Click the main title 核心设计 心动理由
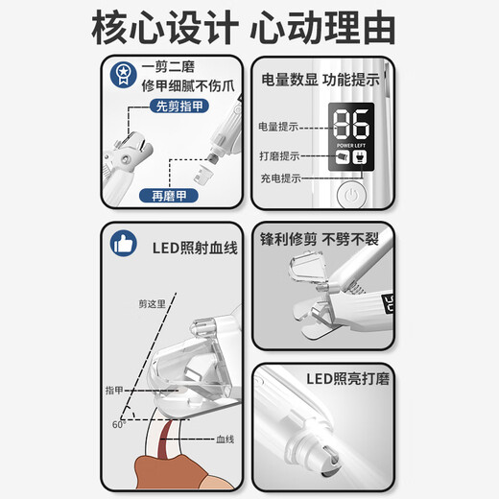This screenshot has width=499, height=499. pyautogui.click(x=249, y=29)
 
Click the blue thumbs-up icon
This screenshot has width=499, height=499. pyautogui.click(x=122, y=244)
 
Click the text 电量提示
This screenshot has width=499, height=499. pyautogui.click(x=277, y=127)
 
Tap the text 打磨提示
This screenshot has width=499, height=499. pyautogui.click(x=277, y=155)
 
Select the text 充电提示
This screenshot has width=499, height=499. pyautogui.click(x=277, y=178)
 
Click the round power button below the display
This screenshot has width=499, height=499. pyautogui.click(x=351, y=194)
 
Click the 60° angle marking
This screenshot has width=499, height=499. pyautogui.click(x=118, y=422)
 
